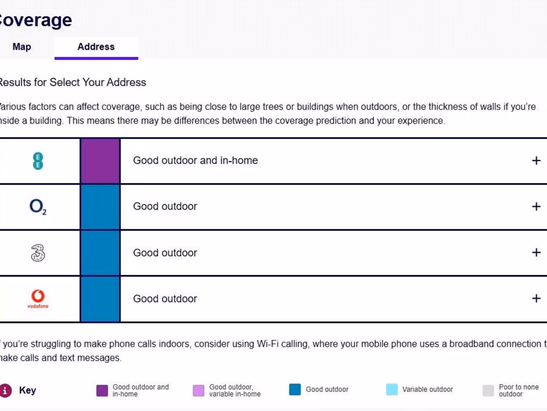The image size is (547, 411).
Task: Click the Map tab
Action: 22,47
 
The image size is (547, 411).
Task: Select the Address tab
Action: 96,47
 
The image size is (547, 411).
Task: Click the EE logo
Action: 37,161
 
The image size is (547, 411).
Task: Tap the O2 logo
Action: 38,207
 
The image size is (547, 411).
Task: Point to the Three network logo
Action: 38,253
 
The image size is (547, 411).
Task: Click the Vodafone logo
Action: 38,298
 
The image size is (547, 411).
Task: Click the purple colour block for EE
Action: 100,161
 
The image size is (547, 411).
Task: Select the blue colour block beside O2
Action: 100,207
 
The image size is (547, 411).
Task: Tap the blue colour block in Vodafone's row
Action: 100,299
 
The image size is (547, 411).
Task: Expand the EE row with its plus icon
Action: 536,161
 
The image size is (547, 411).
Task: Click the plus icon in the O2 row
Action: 536,207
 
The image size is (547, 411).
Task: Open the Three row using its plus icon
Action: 536,253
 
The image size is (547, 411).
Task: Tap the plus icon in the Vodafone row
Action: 536,299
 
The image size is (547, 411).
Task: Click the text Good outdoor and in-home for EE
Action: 196,161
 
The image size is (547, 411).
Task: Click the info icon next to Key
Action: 5,390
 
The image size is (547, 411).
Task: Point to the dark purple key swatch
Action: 102,390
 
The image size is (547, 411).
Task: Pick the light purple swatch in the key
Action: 199,390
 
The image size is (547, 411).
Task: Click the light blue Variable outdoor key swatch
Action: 392,390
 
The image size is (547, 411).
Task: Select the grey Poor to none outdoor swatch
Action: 488,390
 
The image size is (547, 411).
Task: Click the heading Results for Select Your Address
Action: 72,82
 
